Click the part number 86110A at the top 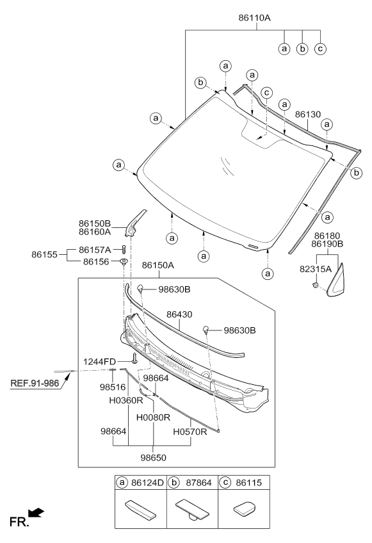tap(254, 18)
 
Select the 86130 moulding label tap(308, 114)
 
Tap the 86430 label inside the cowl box tap(179, 314)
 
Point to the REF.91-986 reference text tap(35, 384)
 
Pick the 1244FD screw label tap(99, 362)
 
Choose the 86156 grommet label tap(96, 262)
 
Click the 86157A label tap(95, 250)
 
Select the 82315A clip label tap(316, 269)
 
